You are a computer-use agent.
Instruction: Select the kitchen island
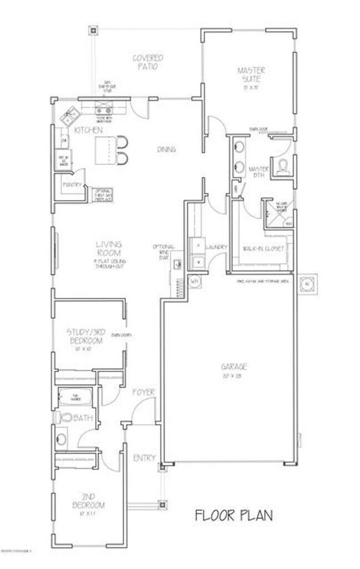(105, 149)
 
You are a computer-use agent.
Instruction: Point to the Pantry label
(73, 185)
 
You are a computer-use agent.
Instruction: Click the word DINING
(166, 149)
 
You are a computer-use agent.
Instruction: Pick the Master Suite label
(251, 75)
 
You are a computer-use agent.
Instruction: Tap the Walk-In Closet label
(263, 249)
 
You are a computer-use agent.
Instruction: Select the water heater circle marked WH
(194, 282)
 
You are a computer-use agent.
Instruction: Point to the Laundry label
(216, 247)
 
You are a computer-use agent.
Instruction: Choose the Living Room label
(109, 249)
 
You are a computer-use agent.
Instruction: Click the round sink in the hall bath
(61, 439)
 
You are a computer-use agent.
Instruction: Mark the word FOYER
(143, 392)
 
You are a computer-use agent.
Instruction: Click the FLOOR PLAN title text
(234, 516)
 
